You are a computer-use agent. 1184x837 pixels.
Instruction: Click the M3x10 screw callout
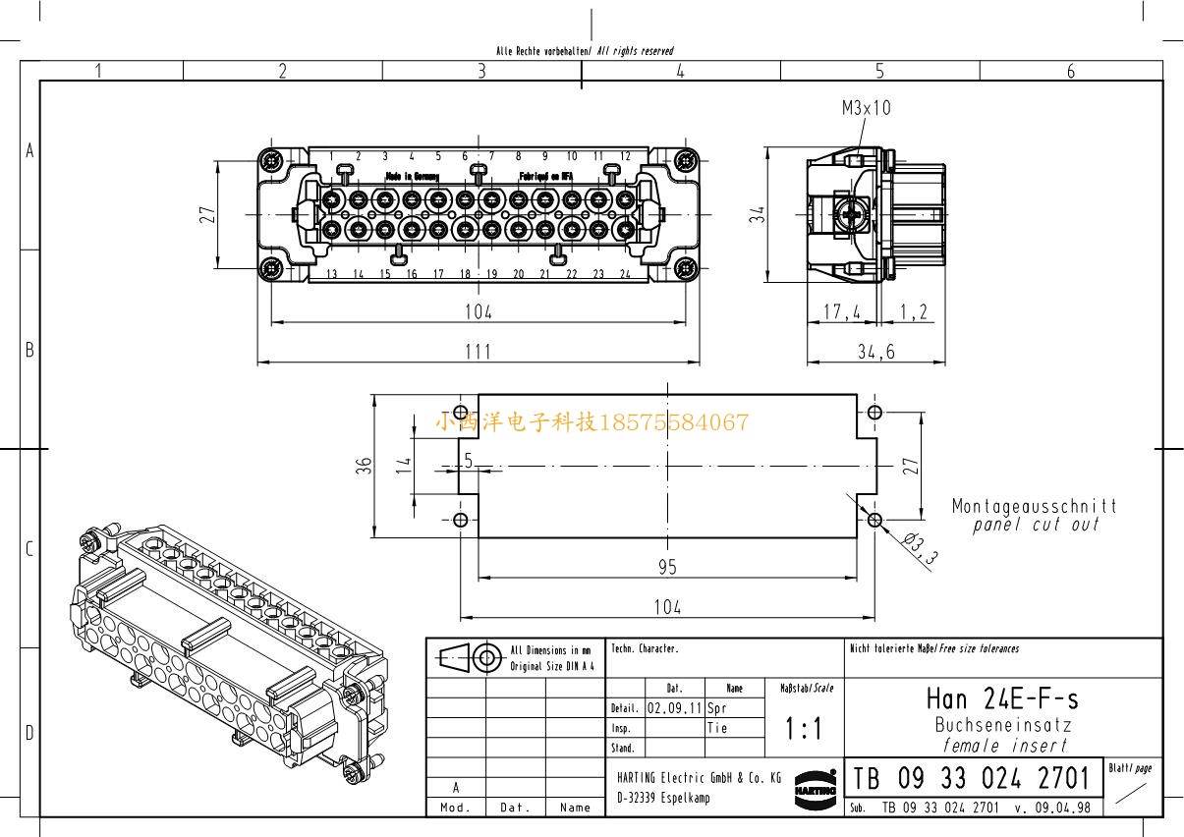tap(866, 108)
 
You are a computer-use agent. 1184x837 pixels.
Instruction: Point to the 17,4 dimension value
tap(841, 312)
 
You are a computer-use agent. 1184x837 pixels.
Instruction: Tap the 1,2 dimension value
tap(913, 312)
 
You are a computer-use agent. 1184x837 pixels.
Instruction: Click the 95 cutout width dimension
tap(667, 568)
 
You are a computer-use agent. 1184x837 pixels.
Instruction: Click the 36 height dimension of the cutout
tap(363, 467)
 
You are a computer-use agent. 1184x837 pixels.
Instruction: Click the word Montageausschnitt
tap(1034, 507)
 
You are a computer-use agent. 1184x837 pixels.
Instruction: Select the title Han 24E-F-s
tap(1002, 698)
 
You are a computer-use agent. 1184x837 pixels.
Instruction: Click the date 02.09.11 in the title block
tap(674, 707)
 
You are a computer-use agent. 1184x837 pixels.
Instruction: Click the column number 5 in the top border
tap(879, 71)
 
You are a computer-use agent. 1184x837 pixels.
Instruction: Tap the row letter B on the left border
tap(28, 350)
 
